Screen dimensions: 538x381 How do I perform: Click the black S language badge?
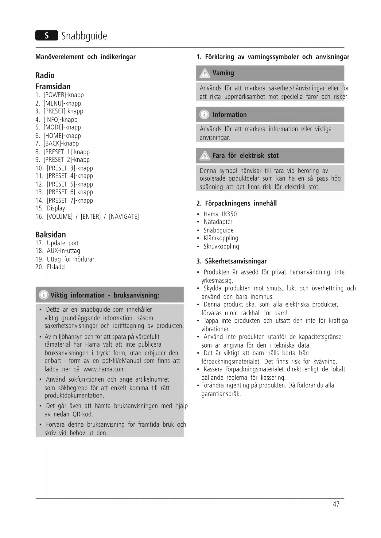coord(47,36)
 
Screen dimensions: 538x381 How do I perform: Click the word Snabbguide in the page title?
coord(84,36)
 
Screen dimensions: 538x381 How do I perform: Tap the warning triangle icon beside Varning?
coord(204,73)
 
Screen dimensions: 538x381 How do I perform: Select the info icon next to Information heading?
coord(204,115)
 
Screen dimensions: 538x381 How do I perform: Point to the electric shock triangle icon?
coord(204,156)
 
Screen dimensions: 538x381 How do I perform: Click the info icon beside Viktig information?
coord(44,295)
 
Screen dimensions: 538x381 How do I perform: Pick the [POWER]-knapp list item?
coord(63,95)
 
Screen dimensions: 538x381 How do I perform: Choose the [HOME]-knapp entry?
coord(62,136)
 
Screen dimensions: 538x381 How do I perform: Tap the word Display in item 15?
coord(56,208)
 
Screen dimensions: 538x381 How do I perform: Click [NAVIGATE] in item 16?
coord(124,217)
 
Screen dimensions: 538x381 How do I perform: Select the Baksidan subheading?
coord(51,235)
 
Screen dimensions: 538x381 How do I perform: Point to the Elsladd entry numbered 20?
coord(56,267)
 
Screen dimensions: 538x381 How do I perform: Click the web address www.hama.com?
coord(105,369)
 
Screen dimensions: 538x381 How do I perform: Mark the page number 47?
coord(336,504)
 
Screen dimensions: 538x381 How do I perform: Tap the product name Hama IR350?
coord(220,214)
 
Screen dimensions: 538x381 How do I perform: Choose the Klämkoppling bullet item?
coord(221,238)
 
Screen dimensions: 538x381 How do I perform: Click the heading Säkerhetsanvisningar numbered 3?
coord(235,261)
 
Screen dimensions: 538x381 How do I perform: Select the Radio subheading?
coord(45,75)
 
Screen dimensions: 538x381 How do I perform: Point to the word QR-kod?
coord(83,414)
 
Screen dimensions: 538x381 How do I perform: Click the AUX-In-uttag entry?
coord(63,251)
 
